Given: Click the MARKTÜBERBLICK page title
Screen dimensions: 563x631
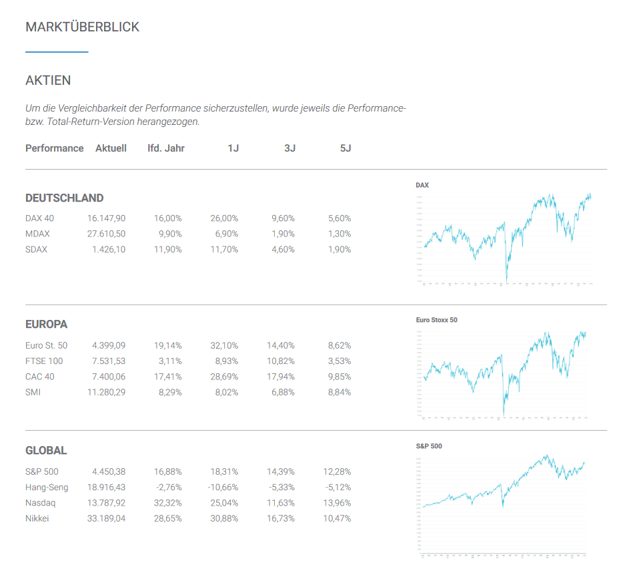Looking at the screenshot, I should coord(82,27).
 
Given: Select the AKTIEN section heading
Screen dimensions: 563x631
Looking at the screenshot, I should coord(48,81).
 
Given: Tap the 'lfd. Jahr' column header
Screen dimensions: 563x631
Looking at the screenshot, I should coord(165,148).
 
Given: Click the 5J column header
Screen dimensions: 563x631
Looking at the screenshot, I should coord(345,148).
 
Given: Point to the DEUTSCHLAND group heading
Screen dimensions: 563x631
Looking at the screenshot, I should coord(64,198).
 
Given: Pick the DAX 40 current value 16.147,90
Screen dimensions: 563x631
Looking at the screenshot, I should coord(106,218).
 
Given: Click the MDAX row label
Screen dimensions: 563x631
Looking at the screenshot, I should coord(37,234).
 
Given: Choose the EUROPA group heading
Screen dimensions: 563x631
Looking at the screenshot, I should coord(46,325).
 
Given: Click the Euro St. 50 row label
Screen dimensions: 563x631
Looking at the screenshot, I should coord(46,345).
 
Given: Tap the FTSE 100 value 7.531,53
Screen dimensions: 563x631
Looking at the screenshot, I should coord(109,361).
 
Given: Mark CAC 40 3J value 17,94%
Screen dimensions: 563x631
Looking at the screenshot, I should coord(280,377).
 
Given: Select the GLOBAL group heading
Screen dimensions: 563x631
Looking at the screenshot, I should coord(46,451).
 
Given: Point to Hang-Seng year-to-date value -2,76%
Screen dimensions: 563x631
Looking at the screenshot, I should coord(166,488).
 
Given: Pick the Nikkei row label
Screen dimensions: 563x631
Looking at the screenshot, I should coord(37,518).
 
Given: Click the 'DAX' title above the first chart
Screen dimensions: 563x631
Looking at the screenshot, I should coord(422,185).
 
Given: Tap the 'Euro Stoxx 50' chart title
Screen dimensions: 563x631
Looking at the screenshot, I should coord(436,320).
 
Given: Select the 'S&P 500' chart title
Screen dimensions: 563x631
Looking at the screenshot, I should coord(428,446).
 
